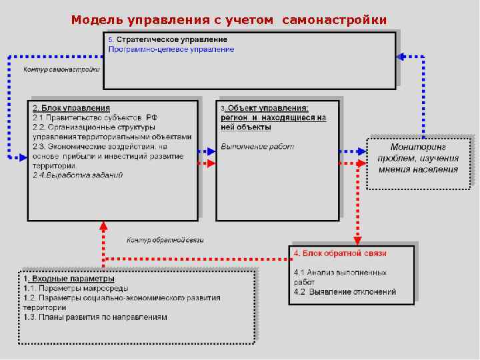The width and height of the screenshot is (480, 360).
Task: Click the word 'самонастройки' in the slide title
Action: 334,19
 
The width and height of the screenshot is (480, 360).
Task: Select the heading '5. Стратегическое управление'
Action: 167,40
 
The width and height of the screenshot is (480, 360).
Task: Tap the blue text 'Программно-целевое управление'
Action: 171,49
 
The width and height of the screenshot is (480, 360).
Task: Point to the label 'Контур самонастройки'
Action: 61,69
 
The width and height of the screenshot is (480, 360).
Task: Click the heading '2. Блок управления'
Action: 71,108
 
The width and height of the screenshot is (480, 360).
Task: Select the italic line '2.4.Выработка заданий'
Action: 77,175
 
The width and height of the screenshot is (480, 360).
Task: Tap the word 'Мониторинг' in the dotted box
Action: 418,147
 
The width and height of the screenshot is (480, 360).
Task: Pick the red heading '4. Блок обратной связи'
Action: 339,253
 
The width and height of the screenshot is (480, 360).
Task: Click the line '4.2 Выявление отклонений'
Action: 345,292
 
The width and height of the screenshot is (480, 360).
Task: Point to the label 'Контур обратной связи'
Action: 165,240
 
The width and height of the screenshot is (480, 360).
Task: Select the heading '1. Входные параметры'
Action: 69,279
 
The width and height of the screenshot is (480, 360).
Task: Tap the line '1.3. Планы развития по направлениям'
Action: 95,317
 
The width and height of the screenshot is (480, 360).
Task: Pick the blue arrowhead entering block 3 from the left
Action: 211,151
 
